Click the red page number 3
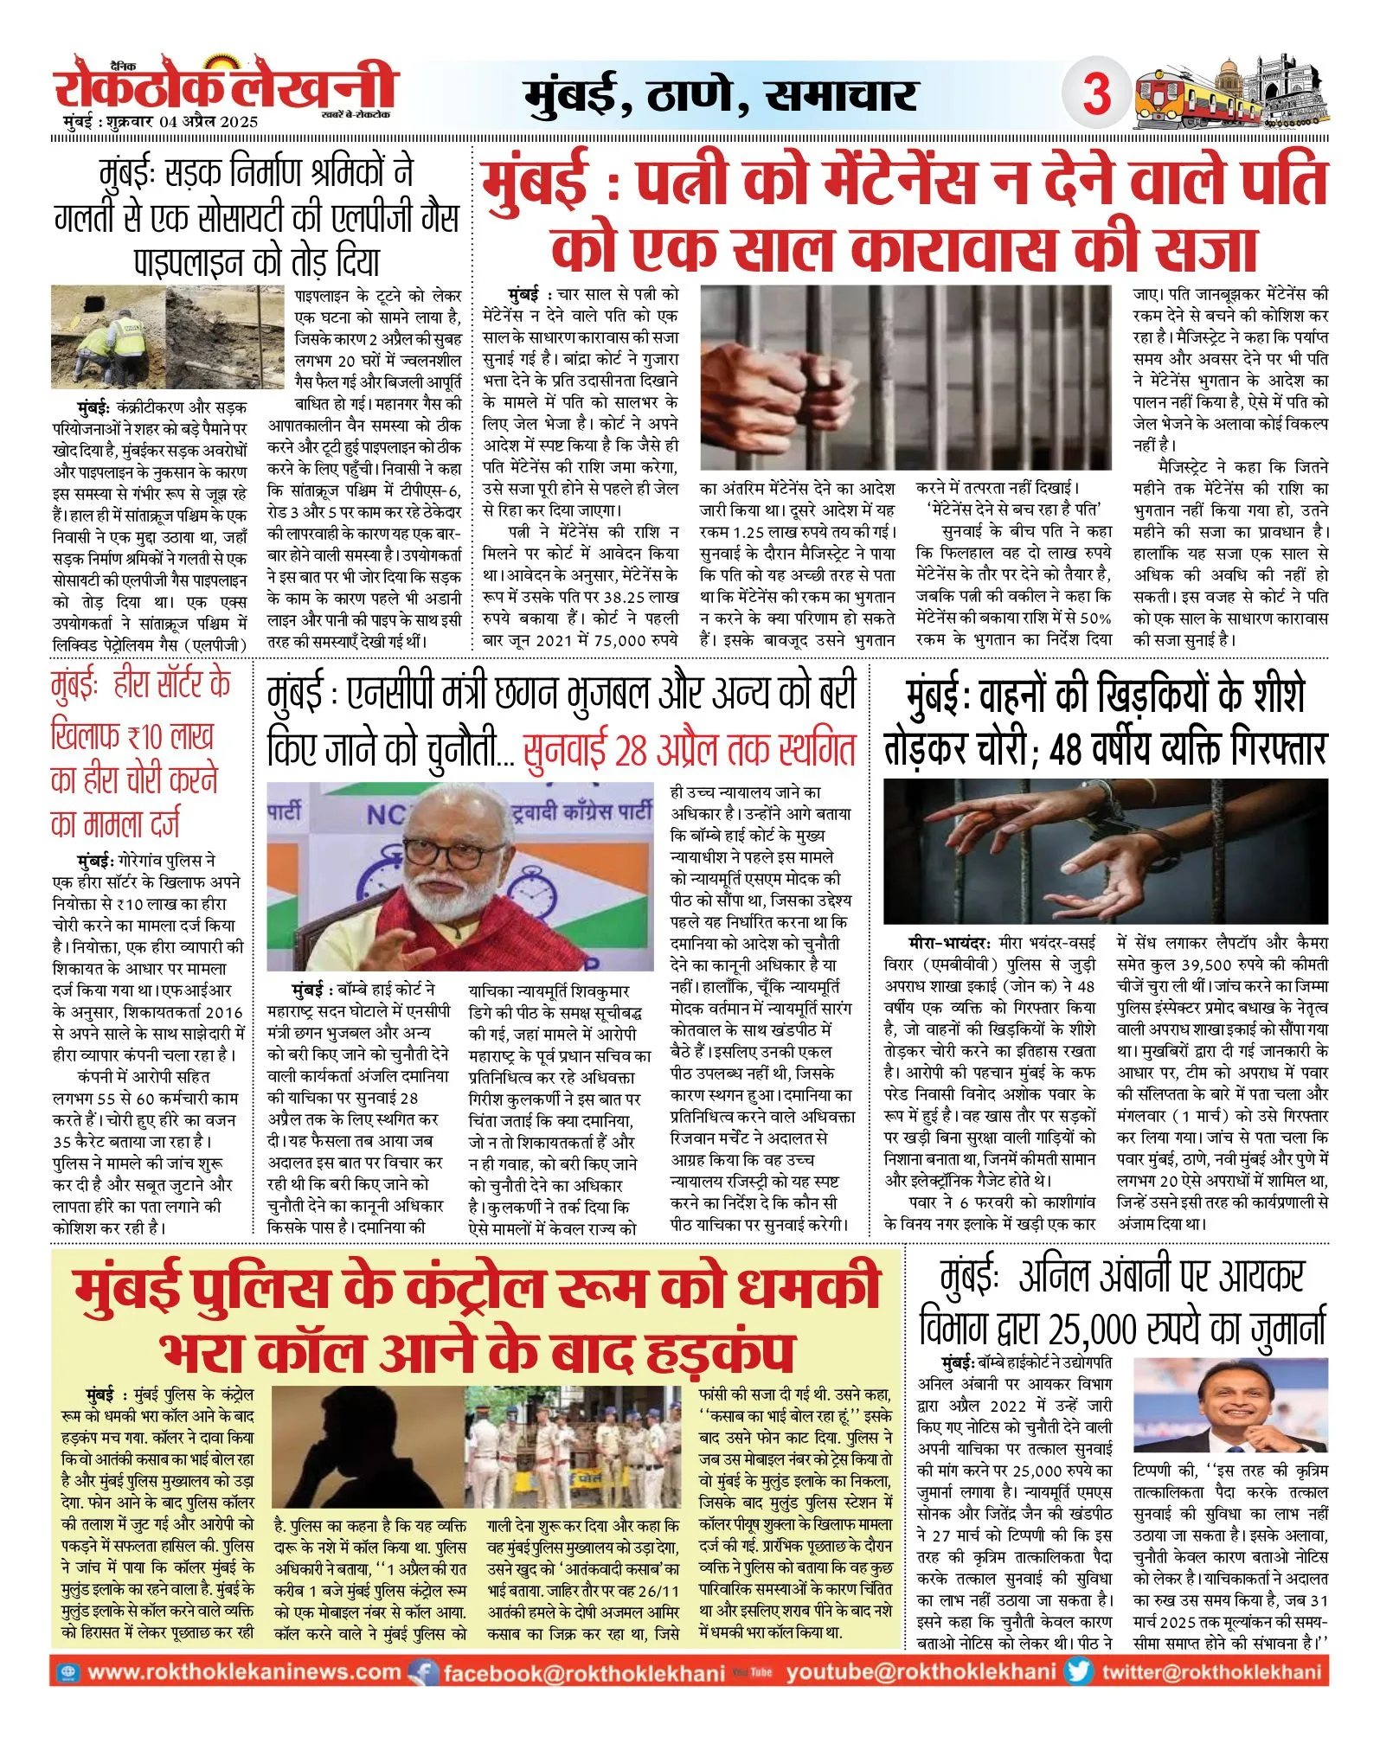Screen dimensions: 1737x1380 click(1096, 92)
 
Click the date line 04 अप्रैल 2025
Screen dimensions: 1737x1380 click(208, 122)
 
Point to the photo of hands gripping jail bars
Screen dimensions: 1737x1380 click(905, 377)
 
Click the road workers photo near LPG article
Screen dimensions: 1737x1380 click(167, 337)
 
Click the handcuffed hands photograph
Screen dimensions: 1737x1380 click(1105, 850)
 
